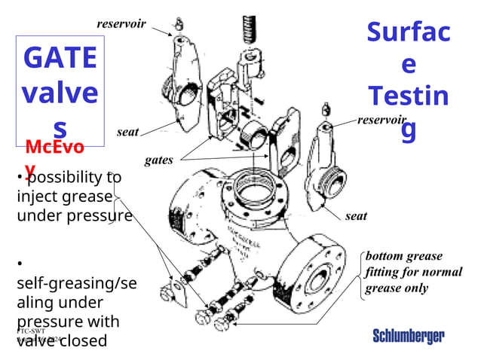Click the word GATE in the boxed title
pos(60,59)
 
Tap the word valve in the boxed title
pos(60,93)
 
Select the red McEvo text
pos(54,146)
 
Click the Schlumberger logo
pos(408,336)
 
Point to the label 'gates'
pos(158,160)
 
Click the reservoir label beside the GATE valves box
pos(121,24)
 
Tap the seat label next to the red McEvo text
pos(127,133)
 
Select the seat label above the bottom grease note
pos(356,216)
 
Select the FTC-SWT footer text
pos(32,331)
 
